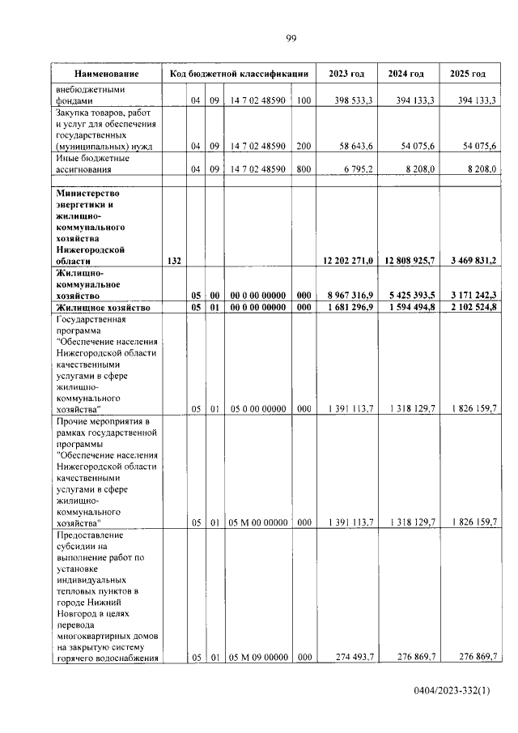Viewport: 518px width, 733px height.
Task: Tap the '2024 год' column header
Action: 406,74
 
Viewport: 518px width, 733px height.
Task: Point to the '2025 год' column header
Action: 468,74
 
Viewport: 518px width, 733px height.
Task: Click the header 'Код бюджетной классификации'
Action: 239,74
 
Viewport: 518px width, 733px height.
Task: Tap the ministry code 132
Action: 173,262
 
